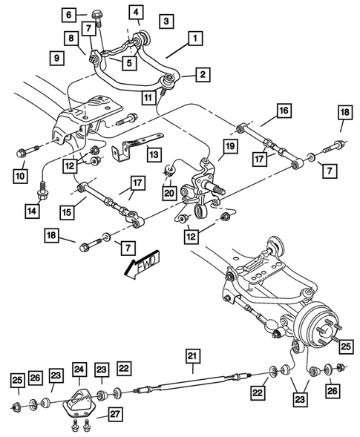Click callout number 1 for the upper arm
click(195, 36)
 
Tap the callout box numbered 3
click(167, 21)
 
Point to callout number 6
click(69, 14)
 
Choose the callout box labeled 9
click(56, 57)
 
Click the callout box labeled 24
click(79, 369)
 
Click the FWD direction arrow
click(143, 265)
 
